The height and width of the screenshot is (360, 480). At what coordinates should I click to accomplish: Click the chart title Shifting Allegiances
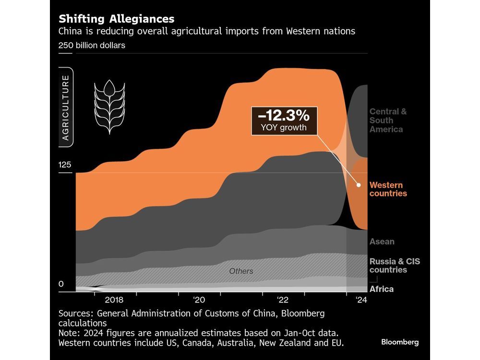pyautogui.click(x=116, y=19)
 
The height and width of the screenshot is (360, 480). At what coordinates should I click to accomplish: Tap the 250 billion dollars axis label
pyautogui.click(x=92, y=46)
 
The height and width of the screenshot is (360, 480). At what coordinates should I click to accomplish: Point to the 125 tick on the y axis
pyautogui.click(x=65, y=165)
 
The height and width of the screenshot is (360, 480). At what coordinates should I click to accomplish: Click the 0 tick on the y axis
pyautogui.click(x=61, y=284)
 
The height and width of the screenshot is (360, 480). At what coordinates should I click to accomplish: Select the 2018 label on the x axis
pyautogui.click(x=114, y=300)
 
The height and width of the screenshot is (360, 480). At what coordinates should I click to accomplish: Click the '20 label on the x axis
pyautogui.click(x=200, y=300)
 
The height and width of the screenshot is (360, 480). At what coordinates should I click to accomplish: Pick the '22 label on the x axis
pyautogui.click(x=283, y=300)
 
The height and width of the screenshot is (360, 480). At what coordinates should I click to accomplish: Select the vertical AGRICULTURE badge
pyautogui.click(x=66, y=108)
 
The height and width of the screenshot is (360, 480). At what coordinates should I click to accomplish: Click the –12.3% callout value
pyautogui.click(x=284, y=115)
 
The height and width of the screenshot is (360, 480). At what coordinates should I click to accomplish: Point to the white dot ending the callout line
pyautogui.click(x=359, y=184)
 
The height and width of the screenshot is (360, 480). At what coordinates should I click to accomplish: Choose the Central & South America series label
pyautogui.click(x=388, y=120)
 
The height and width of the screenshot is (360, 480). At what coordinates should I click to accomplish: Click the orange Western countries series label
pyautogui.click(x=388, y=189)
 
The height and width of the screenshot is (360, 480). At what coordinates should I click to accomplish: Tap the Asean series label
pyautogui.click(x=382, y=242)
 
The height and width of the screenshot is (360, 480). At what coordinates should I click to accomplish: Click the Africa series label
pyautogui.click(x=382, y=289)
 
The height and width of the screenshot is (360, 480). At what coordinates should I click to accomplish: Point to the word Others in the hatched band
pyautogui.click(x=241, y=271)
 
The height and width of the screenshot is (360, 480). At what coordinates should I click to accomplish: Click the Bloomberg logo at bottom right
pyautogui.click(x=400, y=342)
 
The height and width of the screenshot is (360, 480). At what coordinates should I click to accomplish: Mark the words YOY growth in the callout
pyautogui.click(x=284, y=128)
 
